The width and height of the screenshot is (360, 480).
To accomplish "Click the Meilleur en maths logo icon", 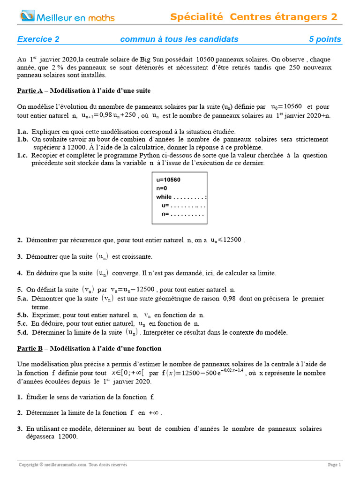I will pyautogui.click(x=27, y=17).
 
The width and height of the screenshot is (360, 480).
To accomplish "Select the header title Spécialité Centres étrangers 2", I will pyautogui.click(x=254, y=17).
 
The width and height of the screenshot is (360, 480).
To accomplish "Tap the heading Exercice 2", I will pyautogui.click(x=38, y=39).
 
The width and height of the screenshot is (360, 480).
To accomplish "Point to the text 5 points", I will pyautogui.click(x=325, y=39).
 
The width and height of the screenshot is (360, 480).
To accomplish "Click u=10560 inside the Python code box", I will pyautogui.click(x=168, y=180).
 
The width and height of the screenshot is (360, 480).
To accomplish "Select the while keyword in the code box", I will pyautogui.click(x=164, y=197).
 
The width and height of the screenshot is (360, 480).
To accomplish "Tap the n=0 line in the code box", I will pyautogui.click(x=162, y=188).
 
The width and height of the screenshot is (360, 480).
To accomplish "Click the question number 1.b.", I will pyautogui.click(x=23, y=139).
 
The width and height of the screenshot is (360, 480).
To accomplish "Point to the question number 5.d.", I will pyautogui.click(x=23, y=332).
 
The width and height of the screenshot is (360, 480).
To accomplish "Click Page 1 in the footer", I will pyautogui.click(x=334, y=465).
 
